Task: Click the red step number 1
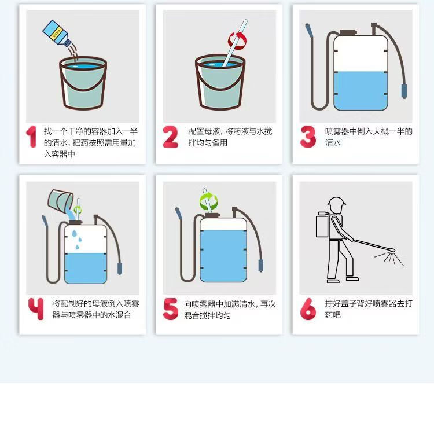(x=32, y=137)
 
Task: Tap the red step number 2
(x=171, y=137)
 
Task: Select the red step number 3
(x=308, y=137)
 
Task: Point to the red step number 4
(x=36, y=308)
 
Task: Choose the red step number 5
(x=171, y=308)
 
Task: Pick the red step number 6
(x=308, y=308)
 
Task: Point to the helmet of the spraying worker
(x=336, y=201)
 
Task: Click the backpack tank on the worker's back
(x=322, y=225)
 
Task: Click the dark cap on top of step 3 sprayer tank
(x=348, y=32)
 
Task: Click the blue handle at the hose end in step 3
(x=404, y=91)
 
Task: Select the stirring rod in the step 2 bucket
(x=235, y=43)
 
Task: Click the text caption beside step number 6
(x=369, y=309)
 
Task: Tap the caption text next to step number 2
(x=230, y=137)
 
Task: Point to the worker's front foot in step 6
(x=352, y=278)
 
